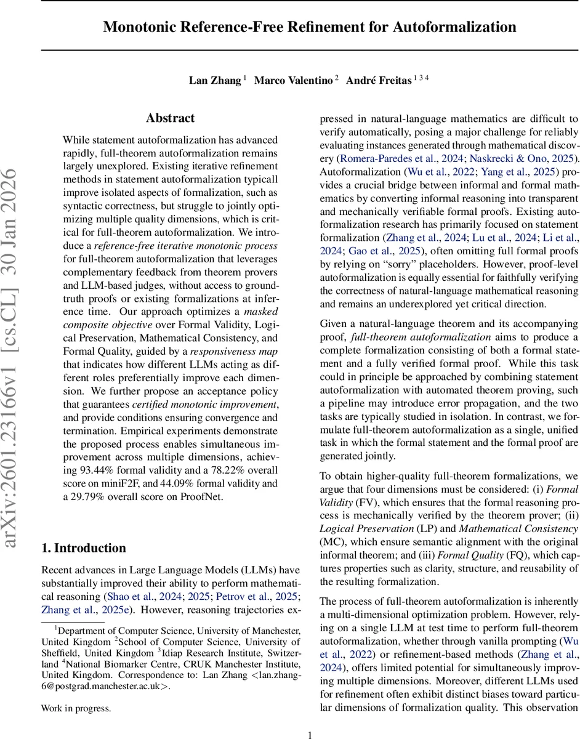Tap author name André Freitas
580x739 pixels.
pyautogui.click(x=377, y=81)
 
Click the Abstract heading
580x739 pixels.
pyautogui.click(x=171, y=118)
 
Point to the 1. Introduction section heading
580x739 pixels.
pyautogui.click(x=83, y=548)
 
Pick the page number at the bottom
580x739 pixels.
pyautogui.click(x=310, y=734)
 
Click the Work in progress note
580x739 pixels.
pyautogui.click(x=76, y=708)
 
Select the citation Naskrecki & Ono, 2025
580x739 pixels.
pyautogui.click(x=522, y=158)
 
